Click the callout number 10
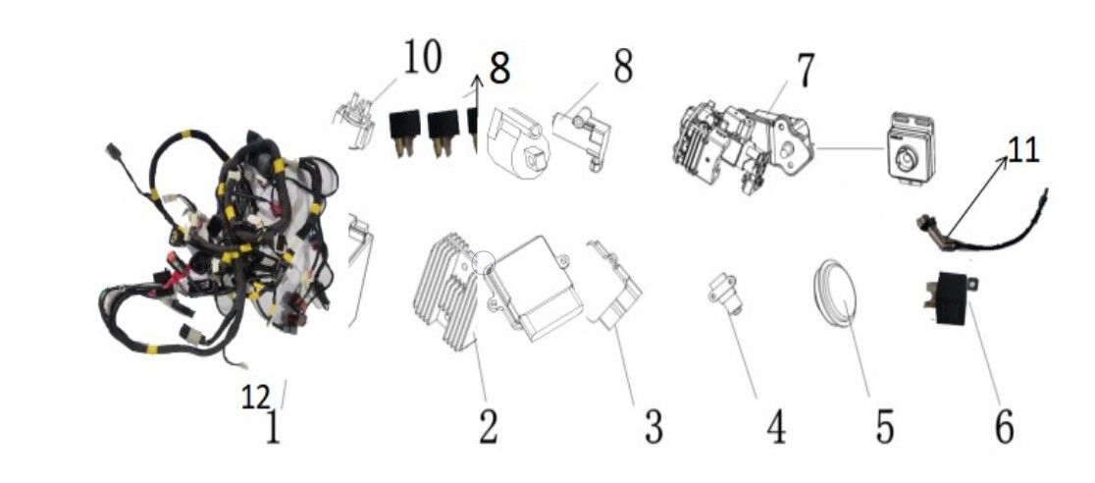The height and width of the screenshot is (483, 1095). click(422, 58)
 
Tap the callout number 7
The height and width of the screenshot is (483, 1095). click(805, 71)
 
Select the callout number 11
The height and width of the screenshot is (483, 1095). click(1023, 152)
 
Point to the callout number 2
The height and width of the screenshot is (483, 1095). click(489, 426)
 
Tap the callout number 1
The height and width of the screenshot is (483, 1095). click(273, 428)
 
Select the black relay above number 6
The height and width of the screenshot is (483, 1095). click(950, 297)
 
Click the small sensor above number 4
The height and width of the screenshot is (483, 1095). click(723, 295)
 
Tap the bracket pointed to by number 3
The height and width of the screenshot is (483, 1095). click(615, 286)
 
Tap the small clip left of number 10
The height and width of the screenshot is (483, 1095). click(357, 121)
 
